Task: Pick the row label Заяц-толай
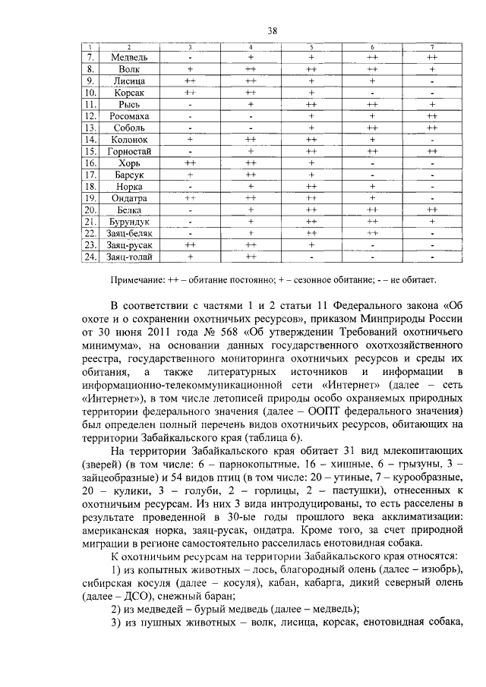[x=129, y=257]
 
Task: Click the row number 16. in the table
[x=90, y=162]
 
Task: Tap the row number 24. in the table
[x=90, y=257]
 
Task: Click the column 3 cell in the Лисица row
[x=190, y=80]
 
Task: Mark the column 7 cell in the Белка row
[x=432, y=210]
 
